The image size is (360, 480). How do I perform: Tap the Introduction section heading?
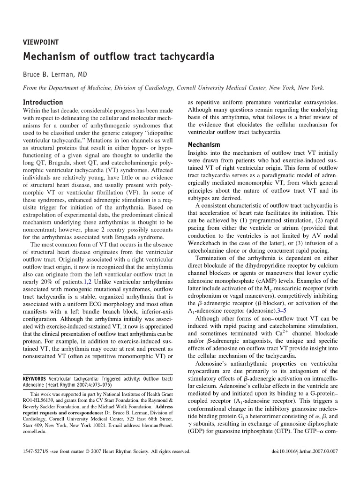point(43,102)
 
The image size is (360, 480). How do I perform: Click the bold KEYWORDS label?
point(34,378)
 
